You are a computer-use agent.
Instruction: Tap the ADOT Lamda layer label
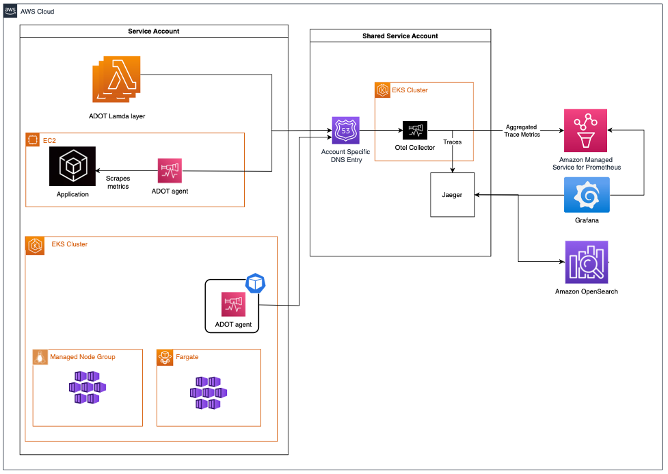tap(117, 116)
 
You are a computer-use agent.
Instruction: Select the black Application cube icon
tap(72, 166)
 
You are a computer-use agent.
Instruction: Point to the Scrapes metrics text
tap(118, 182)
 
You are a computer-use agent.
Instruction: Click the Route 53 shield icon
tap(345, 130)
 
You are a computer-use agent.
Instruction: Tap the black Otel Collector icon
tap(415, 131)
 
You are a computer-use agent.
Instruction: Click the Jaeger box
tap(452, 195)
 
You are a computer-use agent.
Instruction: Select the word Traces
tap(453, 142)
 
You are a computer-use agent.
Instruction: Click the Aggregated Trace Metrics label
tap(522, 131)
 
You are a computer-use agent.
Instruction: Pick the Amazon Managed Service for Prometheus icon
tap(585, 131)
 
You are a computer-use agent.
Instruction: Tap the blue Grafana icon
tap(587, 195)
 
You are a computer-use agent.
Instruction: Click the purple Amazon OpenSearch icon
tap(587, 262)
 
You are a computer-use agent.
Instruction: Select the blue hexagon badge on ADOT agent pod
tap(256, 283)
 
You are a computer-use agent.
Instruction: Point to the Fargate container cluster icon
tap(209, 393)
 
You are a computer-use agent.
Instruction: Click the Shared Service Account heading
tap(400, 36)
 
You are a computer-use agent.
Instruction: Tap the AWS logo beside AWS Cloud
tap(10, 12)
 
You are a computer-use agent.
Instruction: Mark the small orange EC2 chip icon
tap(32, 140)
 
